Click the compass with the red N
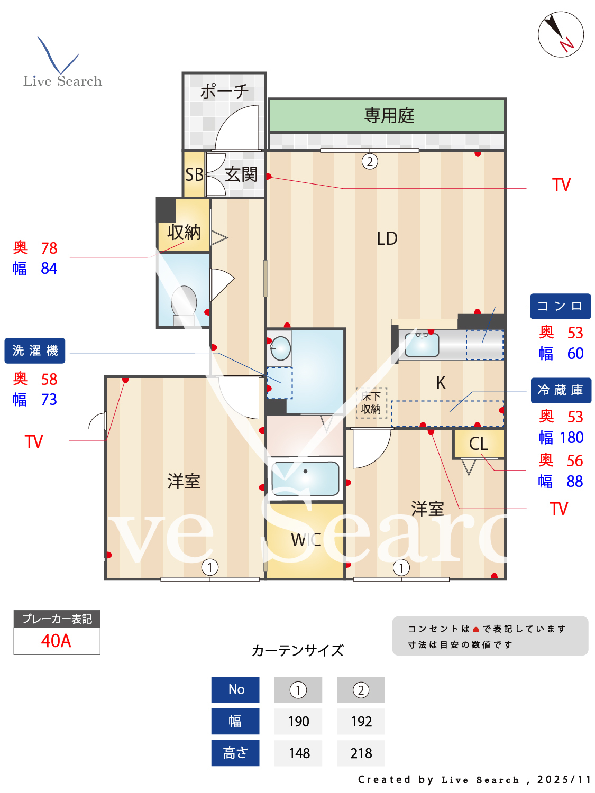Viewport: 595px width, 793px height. point(561,34)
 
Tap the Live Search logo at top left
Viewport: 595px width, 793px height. point(62,63)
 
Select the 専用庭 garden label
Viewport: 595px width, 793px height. point(389,115)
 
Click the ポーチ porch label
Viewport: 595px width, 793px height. point(224,91)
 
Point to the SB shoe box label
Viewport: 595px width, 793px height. point(194,174)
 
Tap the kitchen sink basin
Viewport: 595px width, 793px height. point(422,345)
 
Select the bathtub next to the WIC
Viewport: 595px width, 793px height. point(305,478)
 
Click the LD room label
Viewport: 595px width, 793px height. point(387,238)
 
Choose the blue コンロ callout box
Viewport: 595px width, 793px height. point(560,307)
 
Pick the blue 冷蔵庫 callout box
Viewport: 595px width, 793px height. point(561,390)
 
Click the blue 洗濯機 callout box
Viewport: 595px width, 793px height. point(35,351)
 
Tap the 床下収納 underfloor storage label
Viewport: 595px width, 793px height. point(371,403)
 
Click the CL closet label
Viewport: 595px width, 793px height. point(478,444)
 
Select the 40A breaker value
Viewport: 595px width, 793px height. point(57,641)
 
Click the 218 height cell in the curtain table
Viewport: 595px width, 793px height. point(361,753)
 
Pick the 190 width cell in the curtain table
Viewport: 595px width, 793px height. point(298,722)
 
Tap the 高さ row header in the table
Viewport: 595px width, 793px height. point(235,753)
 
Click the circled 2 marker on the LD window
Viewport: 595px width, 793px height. point(370,161)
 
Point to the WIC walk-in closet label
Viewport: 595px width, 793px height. point(306,540)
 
